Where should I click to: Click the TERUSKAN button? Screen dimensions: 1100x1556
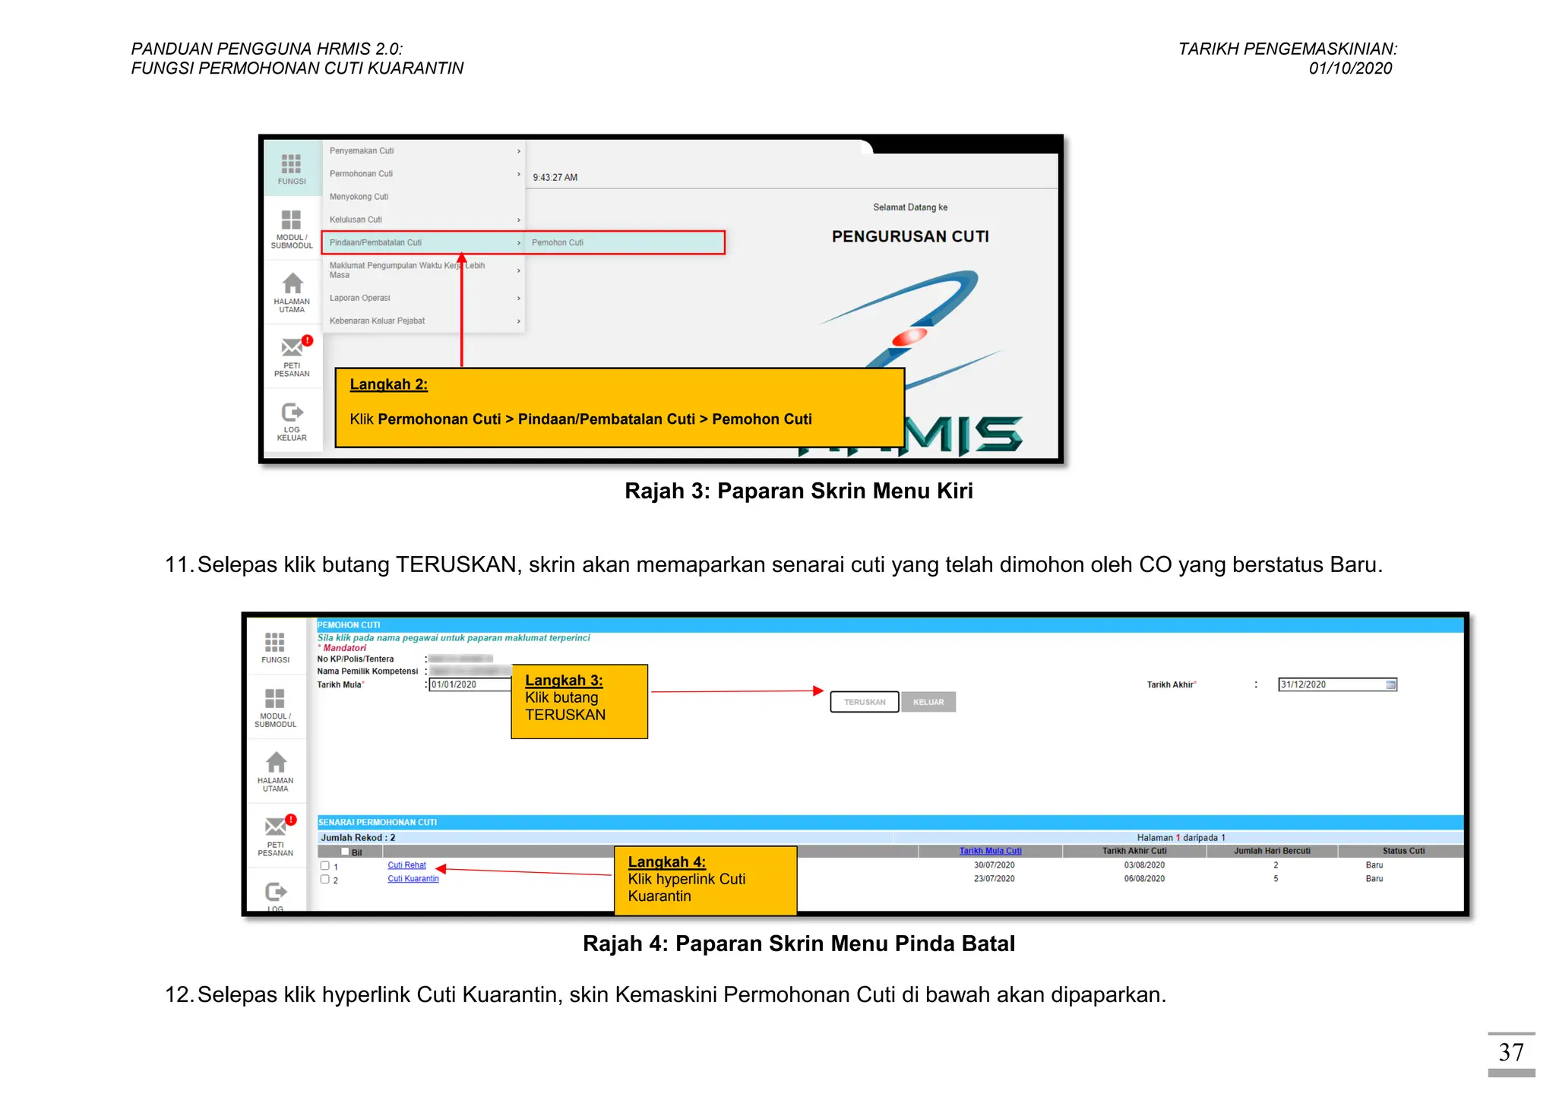point(865,702)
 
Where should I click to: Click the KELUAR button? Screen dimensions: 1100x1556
point(928,702)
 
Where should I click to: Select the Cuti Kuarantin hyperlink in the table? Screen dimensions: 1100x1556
point(413,879)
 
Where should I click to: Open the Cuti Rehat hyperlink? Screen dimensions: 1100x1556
point(406,865)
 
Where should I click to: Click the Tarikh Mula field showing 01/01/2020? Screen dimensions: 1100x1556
point(470,684)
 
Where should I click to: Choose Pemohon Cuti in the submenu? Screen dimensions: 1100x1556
point(558,242)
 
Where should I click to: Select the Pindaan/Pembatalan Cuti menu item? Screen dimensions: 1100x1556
point(375,242)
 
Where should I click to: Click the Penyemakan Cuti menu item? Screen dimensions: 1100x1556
point(362,151)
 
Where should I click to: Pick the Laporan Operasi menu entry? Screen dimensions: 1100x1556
point(360,298)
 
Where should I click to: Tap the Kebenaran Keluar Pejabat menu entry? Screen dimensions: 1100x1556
point(377,321)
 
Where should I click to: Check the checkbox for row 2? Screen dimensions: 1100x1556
point(325,879)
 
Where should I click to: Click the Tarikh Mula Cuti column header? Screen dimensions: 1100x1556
point(990,851)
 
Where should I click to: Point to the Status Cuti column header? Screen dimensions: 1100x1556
point(1403,851)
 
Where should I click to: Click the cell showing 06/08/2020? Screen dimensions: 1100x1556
point(1144,879)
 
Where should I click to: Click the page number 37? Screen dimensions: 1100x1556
point(1510,1052)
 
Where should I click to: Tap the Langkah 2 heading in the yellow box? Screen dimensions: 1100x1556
point(388,384)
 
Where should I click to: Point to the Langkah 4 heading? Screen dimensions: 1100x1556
point(666,861)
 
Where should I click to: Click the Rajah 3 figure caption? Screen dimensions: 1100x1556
point(799,491)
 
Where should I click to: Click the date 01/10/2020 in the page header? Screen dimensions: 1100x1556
point(1350,68)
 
